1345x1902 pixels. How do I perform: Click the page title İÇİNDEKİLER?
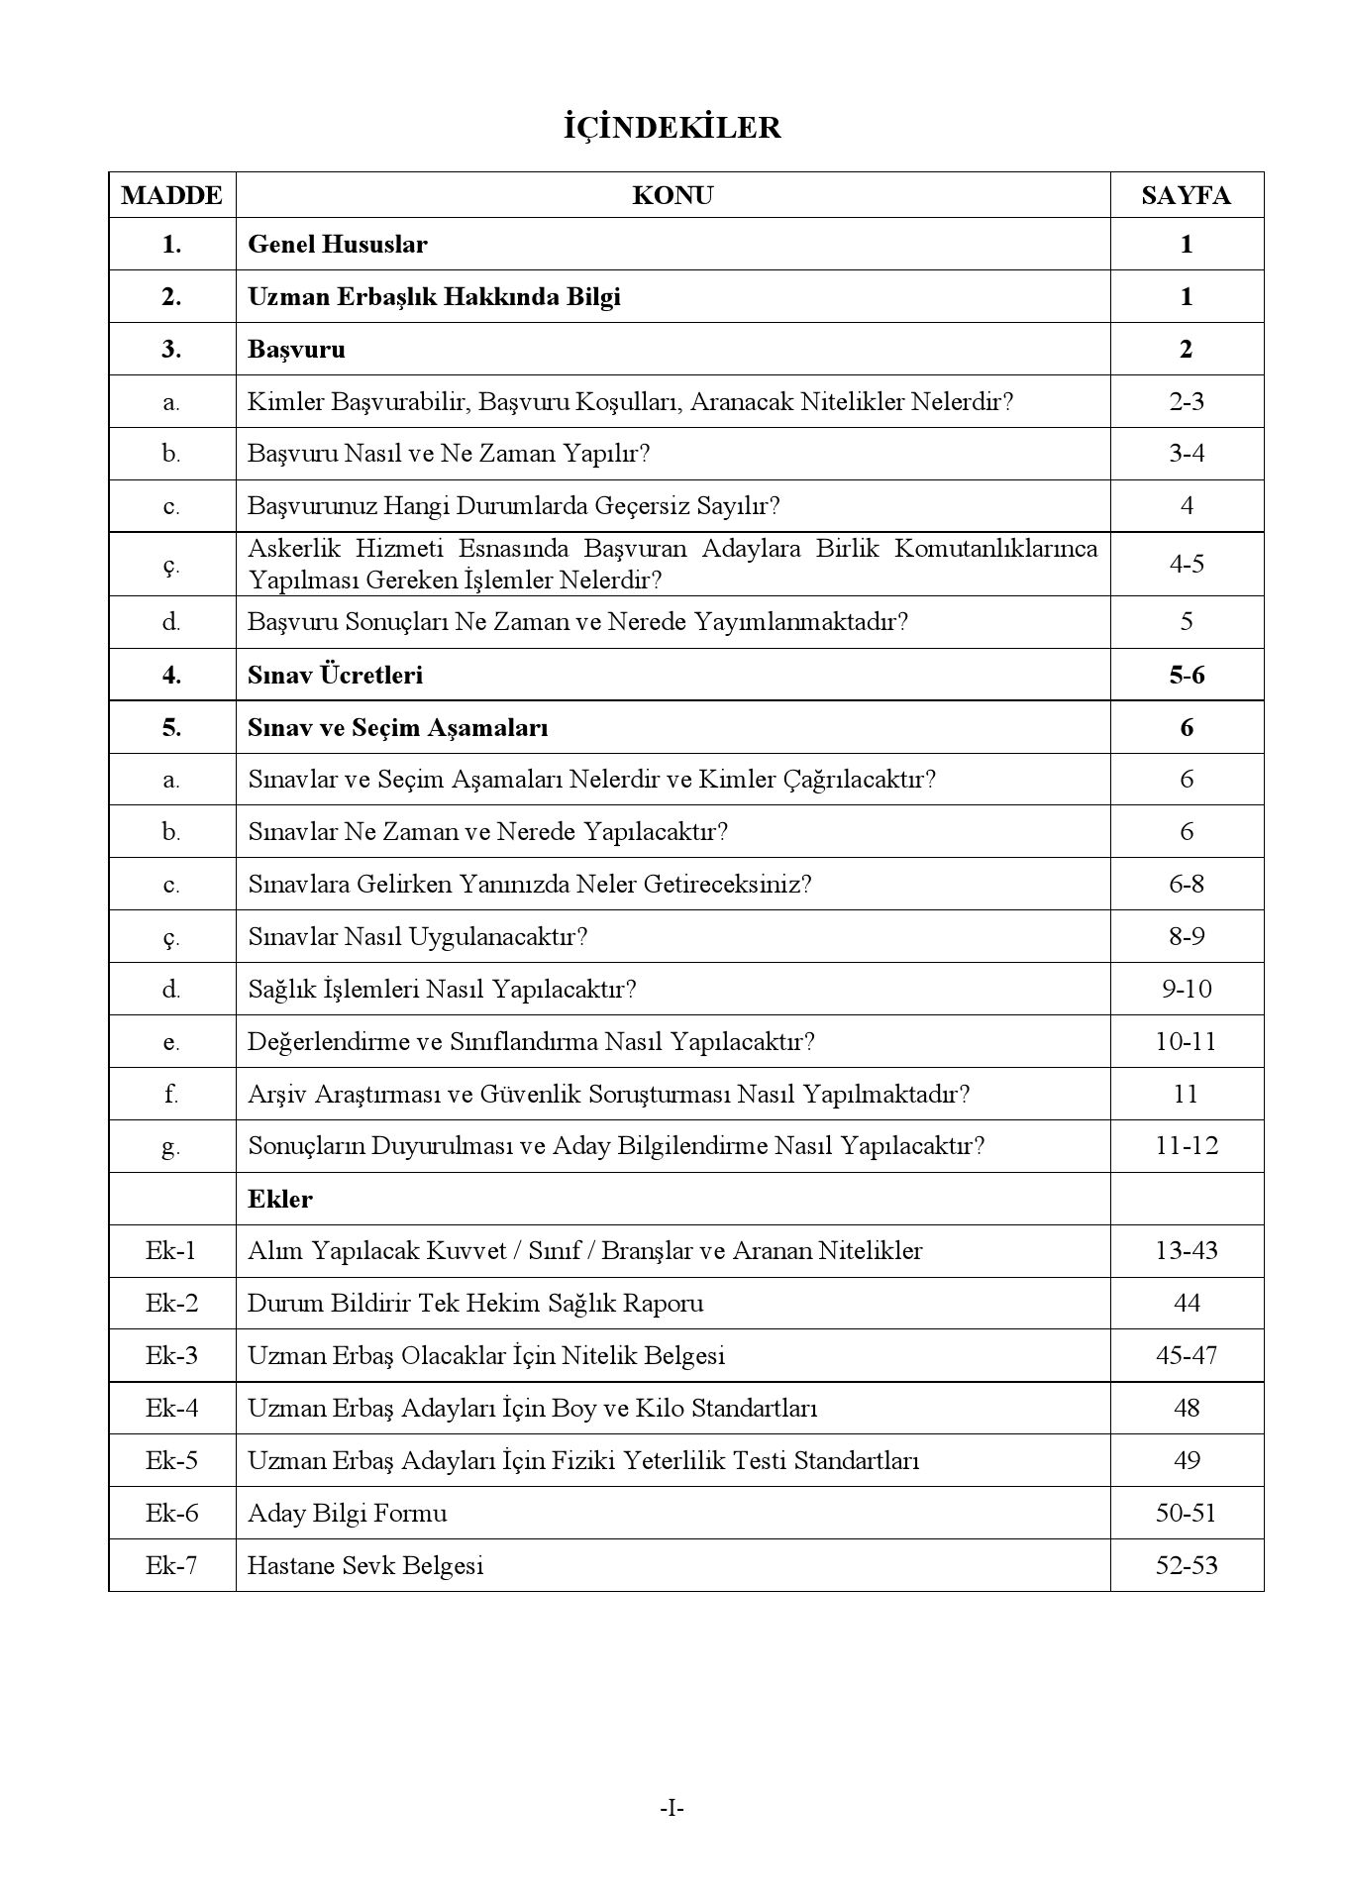[x=672, y=128]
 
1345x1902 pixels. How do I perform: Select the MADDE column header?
[x=171, y=195]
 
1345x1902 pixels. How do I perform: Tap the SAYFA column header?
[x=1186, y=195]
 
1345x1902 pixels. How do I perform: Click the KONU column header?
[x=672, y=195]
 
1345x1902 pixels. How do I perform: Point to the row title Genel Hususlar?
[x=337, y=244]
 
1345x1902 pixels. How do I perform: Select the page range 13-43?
[x=1186, y=1251]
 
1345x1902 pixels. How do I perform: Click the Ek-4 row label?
[x=171, y=1408]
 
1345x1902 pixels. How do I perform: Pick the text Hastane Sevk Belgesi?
[x=365, y=1565]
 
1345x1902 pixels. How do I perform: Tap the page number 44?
[x=1186, y=1304]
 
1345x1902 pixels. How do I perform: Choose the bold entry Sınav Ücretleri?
[x=335, y=675]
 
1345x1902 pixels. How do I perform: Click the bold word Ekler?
[x=280, y=1199]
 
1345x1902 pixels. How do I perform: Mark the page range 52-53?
[x=1186, y=1565]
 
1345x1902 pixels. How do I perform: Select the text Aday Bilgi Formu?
[x=347, y=1513]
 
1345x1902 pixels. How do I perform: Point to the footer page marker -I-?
[x=672, y=1809]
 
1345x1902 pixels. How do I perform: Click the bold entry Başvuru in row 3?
[x=296, y=349]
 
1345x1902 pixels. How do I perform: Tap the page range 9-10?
[x=1186, y=989]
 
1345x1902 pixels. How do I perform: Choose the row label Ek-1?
[x=171, y=1251]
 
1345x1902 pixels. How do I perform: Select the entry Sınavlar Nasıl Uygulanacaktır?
[x=417, y=936]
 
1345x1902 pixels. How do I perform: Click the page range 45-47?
[x=1186, y=1355]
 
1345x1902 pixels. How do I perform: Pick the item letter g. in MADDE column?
[x=171, y=1147]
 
